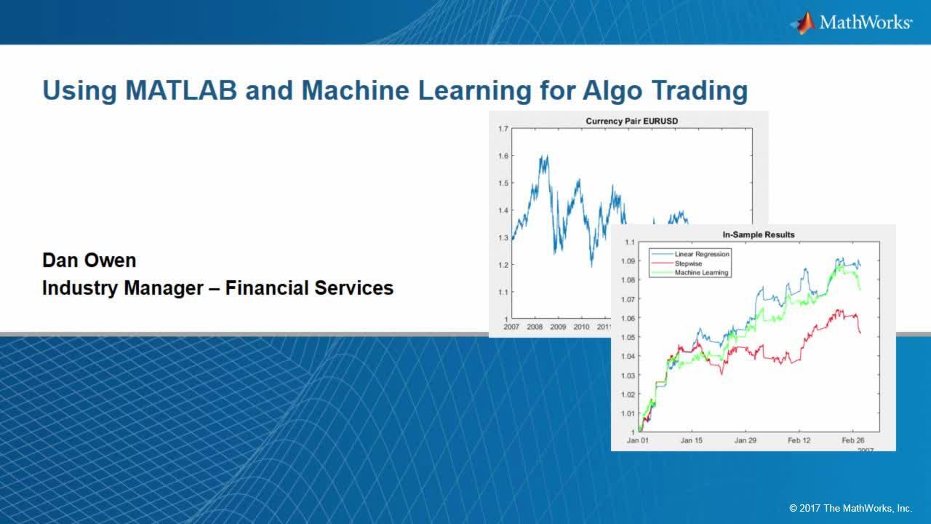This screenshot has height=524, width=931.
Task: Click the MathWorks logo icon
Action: (x=802, y=23)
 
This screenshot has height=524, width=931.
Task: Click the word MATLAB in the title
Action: (x=181, y=90)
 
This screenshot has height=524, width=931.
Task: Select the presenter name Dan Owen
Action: (x=89, y=261)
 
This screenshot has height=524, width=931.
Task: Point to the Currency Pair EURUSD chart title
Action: (x=632, y=121)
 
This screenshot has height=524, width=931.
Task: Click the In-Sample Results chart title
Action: (x=759, y=234)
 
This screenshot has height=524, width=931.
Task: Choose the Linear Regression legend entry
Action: (x=702, y=254)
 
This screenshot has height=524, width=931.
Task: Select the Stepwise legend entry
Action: (x=688, y=263)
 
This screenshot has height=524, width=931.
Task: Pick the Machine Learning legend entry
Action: (x=702, y=273)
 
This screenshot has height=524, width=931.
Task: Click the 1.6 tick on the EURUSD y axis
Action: (x=503, y=156)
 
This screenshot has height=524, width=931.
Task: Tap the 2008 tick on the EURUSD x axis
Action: (x=535, y=327)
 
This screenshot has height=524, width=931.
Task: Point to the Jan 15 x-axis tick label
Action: (x=692, y=440)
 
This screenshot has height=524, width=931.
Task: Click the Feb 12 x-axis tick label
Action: (x=799, y=440)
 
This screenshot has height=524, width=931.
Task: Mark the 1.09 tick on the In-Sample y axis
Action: (x=628, y=261)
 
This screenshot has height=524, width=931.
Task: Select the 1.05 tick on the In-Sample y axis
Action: (x=628, y=337)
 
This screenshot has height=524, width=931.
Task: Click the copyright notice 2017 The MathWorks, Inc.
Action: (x=850, y=508)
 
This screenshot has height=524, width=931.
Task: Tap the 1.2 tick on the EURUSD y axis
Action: (x=503, y=265)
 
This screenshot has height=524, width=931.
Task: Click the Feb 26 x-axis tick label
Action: (x=853, y=440)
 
